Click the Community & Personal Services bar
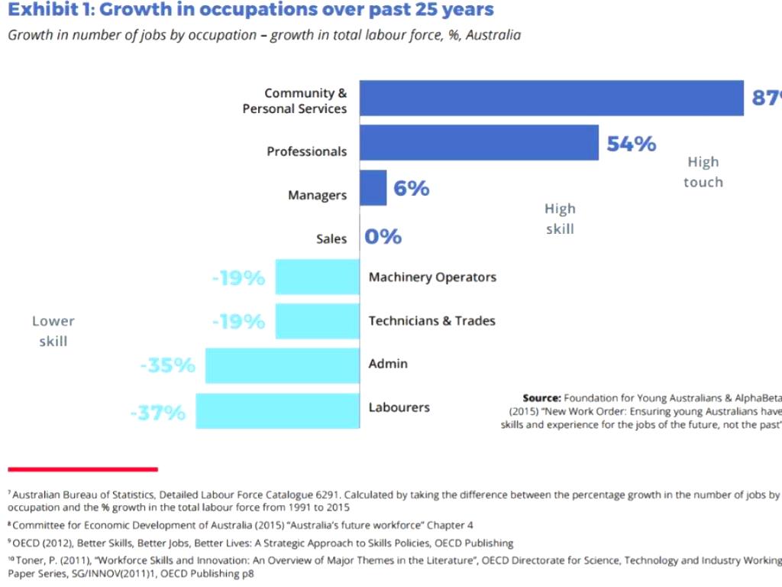tap(551, 98)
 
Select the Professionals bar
tap(479, 143)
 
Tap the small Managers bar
tap(373, 188)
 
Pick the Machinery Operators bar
tap(318, 277)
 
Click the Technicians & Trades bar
tap(318, 321)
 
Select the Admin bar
tap(283, 365)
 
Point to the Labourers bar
tap(277, 410)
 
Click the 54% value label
tap(632, 144)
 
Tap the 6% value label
tap(412, 188)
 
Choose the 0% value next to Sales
tap(383, 237)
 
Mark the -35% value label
tap(167, 365)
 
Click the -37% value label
tap(157, 413)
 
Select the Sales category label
tap(331, 239)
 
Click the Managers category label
tap(317, 196)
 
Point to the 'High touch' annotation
tap(703, 172)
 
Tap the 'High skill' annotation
tap(560, 219)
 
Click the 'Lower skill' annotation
tap(53, 331)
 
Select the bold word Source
tap(542, 398)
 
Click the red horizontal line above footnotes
tap(82, 469)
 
